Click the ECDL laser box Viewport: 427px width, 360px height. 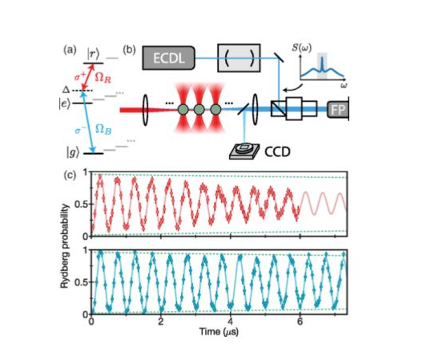[x=169, y=58]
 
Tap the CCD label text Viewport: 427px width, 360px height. [x=277, y=152]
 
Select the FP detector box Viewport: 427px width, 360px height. [x=338, y=110]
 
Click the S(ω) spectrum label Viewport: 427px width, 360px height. [x=301, y=48]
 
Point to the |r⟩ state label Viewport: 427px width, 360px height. [x=93, y=54]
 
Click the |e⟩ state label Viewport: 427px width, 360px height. [x=65, y=103]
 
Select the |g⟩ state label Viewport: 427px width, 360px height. [x=73, y=153]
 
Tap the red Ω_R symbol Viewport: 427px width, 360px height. [x=103, y=79]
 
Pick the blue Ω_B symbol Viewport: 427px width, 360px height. [x=103, y=129]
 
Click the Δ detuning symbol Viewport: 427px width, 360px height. [x=66, y=90]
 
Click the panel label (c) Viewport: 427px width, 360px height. [x=70, y=176]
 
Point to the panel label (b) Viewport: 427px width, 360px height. [x=129, y=51]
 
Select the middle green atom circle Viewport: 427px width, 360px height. [x=199, y=110]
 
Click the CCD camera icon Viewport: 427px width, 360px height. [x=244, y=151]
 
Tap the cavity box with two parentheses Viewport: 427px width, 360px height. [x=239, y=58]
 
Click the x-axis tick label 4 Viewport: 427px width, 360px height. [x=231, y=322]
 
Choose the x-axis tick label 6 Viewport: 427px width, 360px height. [x=300, y=322]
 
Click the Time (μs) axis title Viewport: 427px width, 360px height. [x=219, y=332]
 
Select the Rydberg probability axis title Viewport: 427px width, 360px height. [x=65, y=246]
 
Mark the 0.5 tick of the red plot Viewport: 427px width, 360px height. [x=81, y=204]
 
